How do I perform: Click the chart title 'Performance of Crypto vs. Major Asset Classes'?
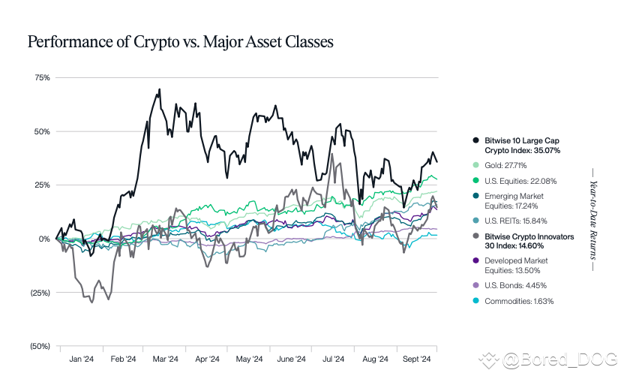click(180, 41)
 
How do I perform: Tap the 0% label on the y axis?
click(43, 239)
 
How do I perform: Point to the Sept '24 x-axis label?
click(415, 359)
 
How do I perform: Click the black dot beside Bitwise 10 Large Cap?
click(476, 140)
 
